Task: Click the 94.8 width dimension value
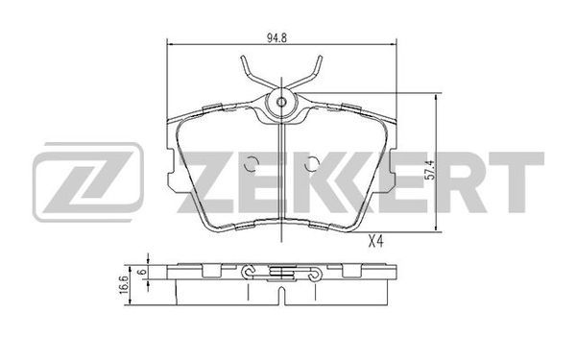pos(276,38)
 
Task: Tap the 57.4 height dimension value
pos(430,170)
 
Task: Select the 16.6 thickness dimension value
pos(124,285)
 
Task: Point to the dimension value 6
pos(142,273)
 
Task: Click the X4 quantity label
pos(375,242)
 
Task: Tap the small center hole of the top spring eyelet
pos(281,102)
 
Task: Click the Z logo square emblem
pos(88,182)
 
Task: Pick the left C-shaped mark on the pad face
pos(252,163)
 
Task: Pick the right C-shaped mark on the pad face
pos(311,163)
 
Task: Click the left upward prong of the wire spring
pos(247,72)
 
